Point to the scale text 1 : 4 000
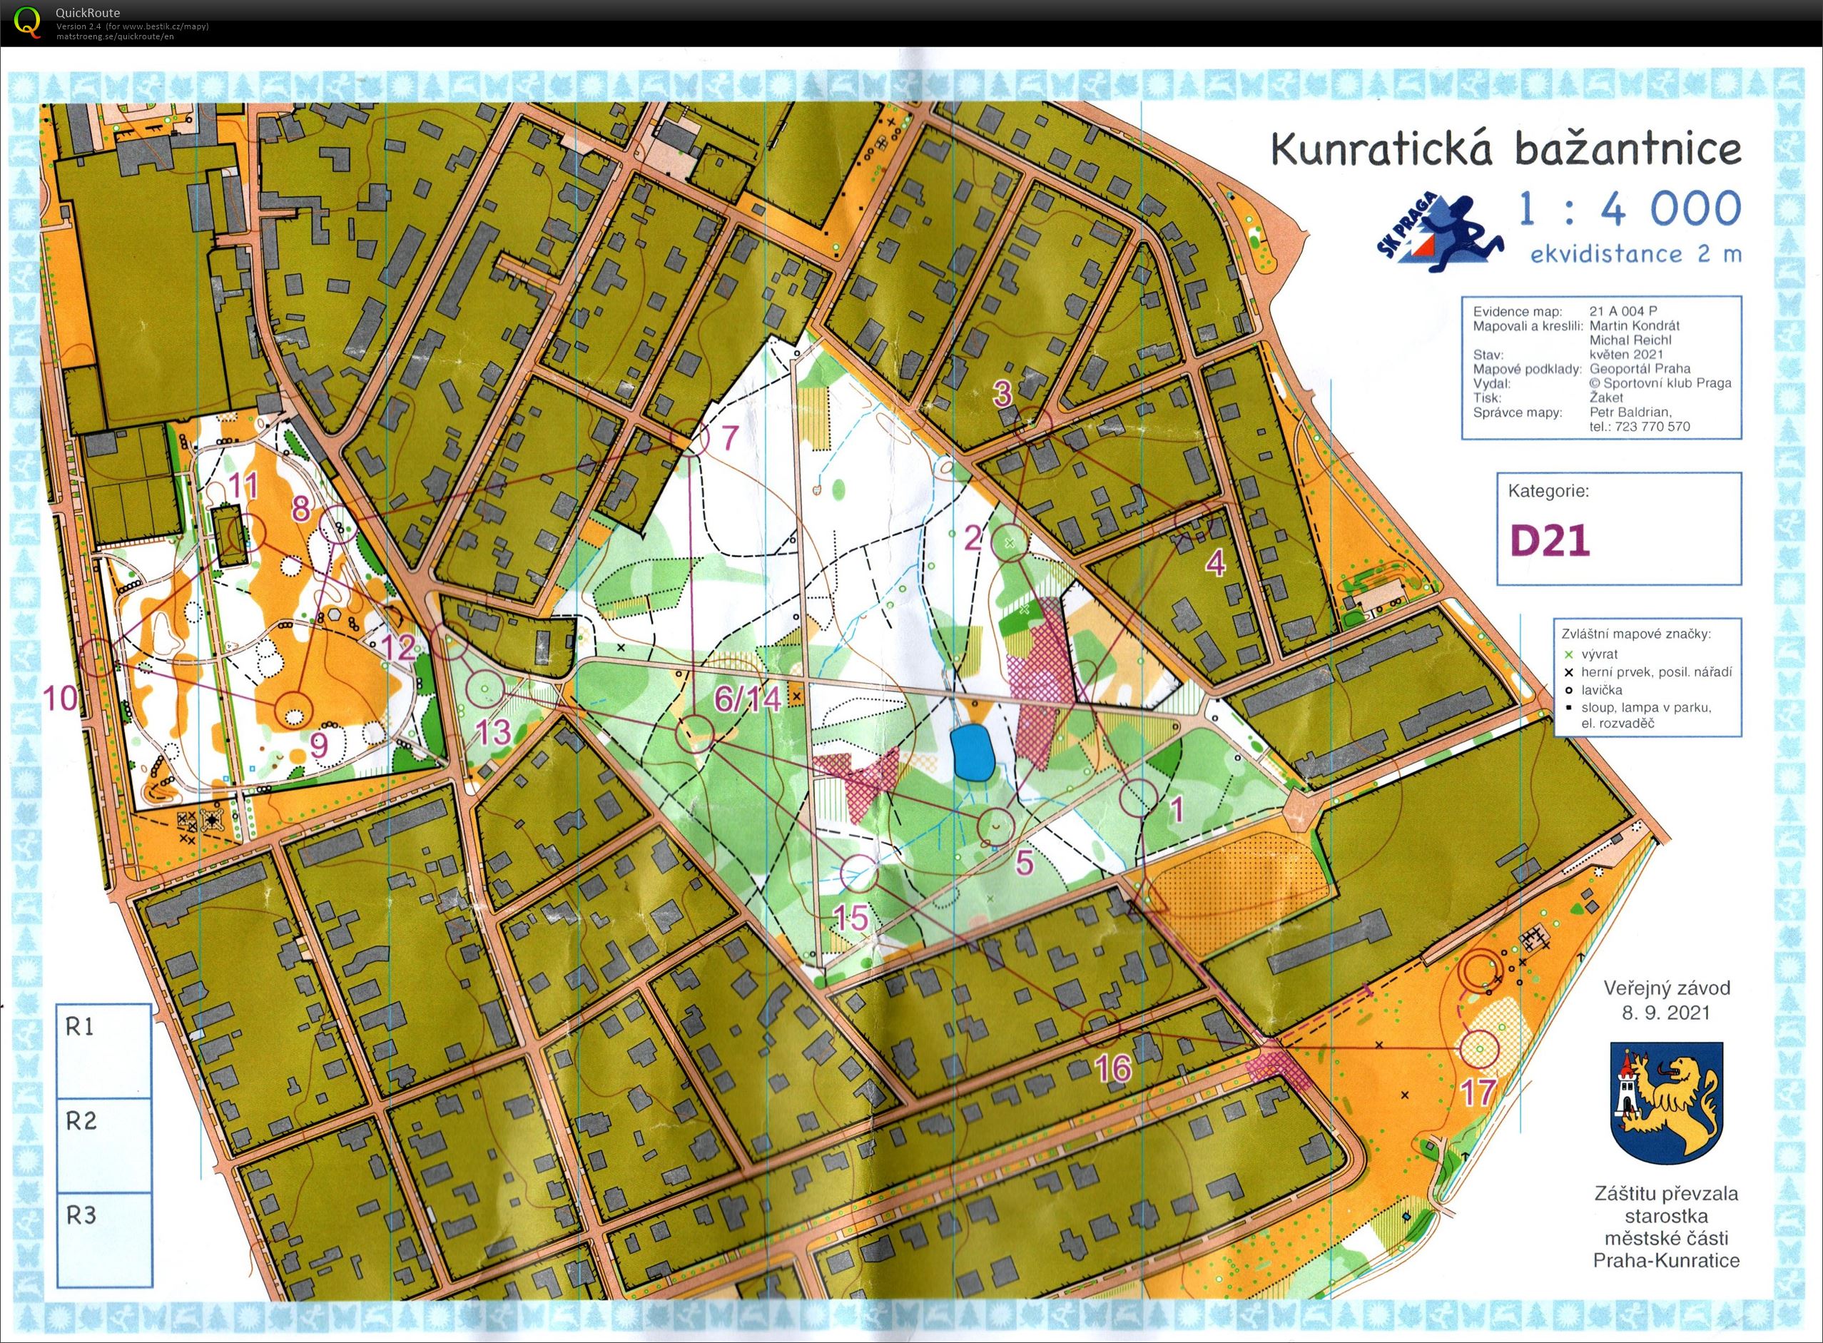tap(1630, 209)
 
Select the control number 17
tap(1478, 1093)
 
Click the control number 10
tap(61, 697)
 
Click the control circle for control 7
tap(690, 437)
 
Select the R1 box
tap(104, 1051)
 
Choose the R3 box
tap(104, 1239)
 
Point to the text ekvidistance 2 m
tap(1635, 255)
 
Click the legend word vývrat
tap(1599, 654)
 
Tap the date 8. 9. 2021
tap(1666, 1013)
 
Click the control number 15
tap(851, 918)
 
